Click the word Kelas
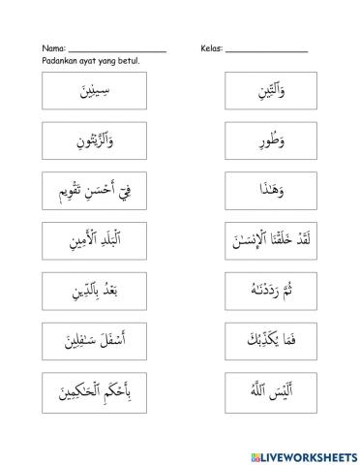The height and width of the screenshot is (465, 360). point(212,48)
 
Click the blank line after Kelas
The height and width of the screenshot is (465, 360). point(266,50)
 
